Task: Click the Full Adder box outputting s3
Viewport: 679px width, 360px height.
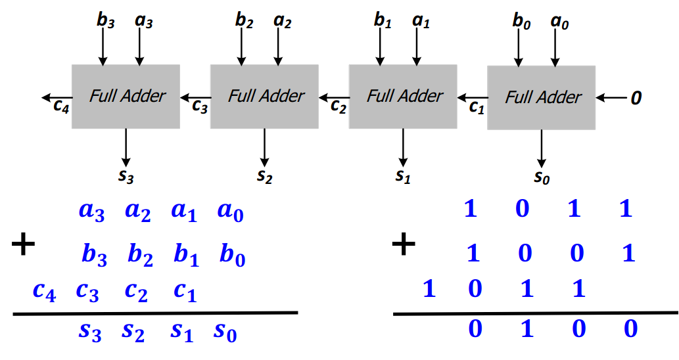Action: tap(126, 97)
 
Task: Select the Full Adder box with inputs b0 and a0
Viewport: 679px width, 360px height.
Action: tap(541, 97)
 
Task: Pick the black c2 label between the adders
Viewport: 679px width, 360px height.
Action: tap(339, 106)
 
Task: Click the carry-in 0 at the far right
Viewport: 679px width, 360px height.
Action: tap(636, 98)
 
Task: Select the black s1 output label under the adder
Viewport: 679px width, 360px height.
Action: tap(403, 176)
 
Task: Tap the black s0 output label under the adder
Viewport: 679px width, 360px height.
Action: tap(542, 177)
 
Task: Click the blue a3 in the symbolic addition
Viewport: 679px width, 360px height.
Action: tap(91, 212)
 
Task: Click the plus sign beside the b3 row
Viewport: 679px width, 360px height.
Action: tap(23, 246)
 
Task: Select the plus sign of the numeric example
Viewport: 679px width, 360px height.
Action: tap(404, 245)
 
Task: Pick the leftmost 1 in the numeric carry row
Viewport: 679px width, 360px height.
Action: tap(429, 288)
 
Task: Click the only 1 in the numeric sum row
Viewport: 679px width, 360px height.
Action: tap(527, 328)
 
